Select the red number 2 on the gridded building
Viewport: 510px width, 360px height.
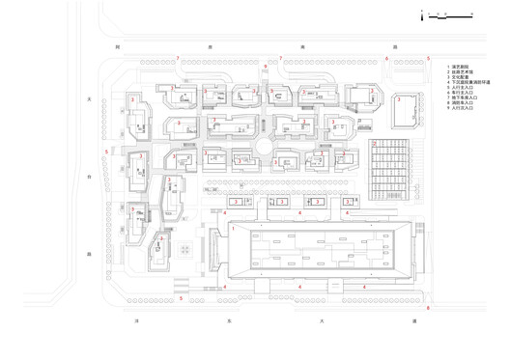point(375,144)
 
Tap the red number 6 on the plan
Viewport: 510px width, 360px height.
point(387,59)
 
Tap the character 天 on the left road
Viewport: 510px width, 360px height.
point(88,97)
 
